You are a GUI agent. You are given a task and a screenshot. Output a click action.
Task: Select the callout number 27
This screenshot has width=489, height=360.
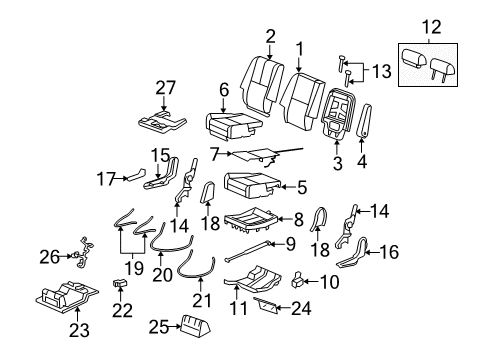tap(166, 89)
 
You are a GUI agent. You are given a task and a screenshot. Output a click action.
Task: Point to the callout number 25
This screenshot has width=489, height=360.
tap(155, 327)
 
